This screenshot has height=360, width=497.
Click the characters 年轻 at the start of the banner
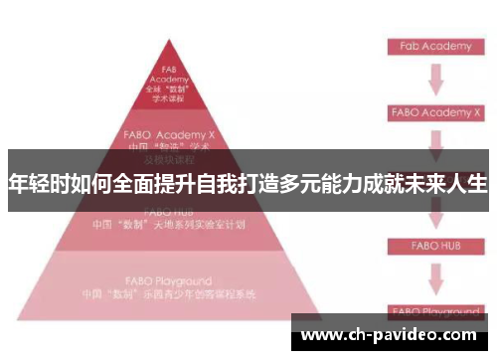click(x=30, y=184)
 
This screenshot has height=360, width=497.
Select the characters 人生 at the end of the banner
click(x=466, y=184)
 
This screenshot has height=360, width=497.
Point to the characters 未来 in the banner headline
click(x=422, y=184)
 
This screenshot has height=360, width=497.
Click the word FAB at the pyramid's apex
click(x=168, y=70)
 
